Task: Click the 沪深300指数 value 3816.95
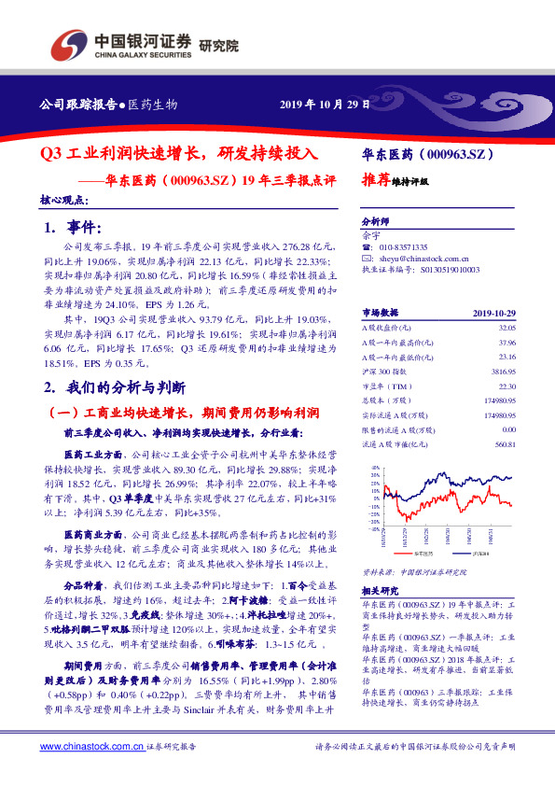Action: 504,344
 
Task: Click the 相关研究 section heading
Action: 379,590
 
